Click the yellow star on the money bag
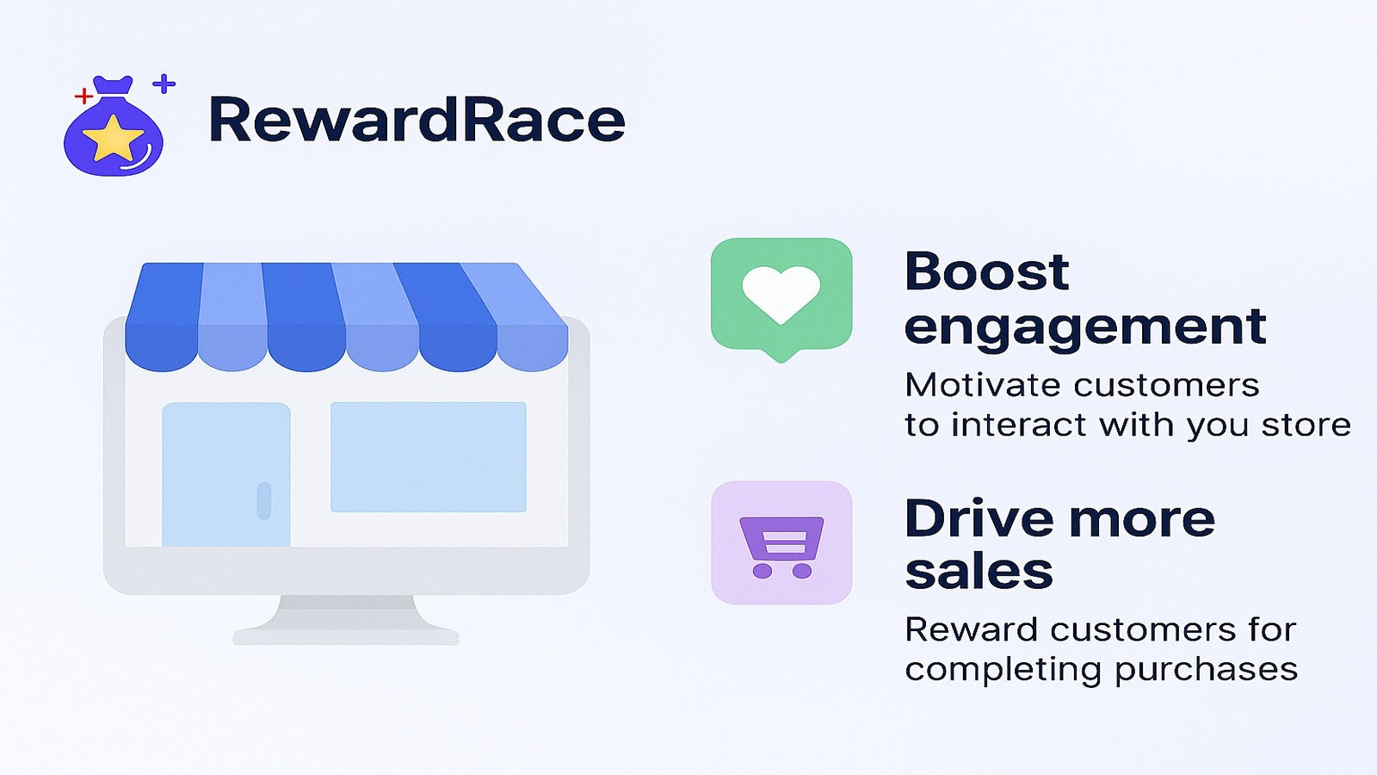(113, 137)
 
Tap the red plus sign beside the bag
(83, 96)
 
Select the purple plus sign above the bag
(164, 83)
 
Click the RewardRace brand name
(417, 119)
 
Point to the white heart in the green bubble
(781, 294)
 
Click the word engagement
(1085, 326)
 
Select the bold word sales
(979, 571)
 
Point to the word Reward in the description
(972, 629)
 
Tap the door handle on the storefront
(263, 500)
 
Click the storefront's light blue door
(226, 474)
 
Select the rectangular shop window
(429, 457)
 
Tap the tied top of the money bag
(113, 85)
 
